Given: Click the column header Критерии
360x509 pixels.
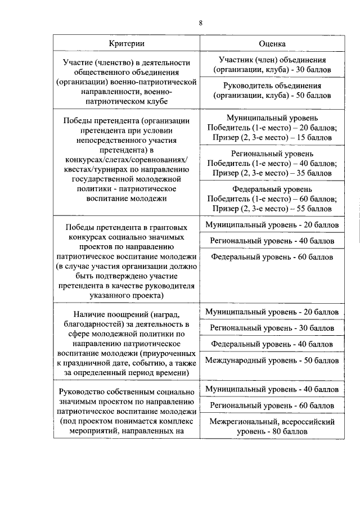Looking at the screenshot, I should pos(127,43).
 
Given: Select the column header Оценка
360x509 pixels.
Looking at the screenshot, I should pos(272,43).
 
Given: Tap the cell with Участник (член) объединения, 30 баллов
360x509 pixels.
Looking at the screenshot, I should pos(272,65).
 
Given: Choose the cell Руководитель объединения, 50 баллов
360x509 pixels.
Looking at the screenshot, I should pos(272,91).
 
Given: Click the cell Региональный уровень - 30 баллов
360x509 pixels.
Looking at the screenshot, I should pos(272,327).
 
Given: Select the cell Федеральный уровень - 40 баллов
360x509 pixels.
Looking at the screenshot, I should pos(272,344).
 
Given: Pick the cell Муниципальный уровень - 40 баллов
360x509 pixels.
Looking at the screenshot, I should pos(272,389).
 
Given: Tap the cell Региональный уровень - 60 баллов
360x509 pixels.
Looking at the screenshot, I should pos(272,405).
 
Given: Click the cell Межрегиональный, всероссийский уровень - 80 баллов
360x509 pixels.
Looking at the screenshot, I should pos(272,426).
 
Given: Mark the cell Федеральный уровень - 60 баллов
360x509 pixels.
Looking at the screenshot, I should pos(272,257).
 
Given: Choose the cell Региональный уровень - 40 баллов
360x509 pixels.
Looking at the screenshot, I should pos(272,241).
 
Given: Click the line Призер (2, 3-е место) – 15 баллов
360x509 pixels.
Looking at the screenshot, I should pos(272,137).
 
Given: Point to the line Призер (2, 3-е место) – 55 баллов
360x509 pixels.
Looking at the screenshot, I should pos(272,208).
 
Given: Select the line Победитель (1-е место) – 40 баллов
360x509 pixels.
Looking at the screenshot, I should pos(272,163).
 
